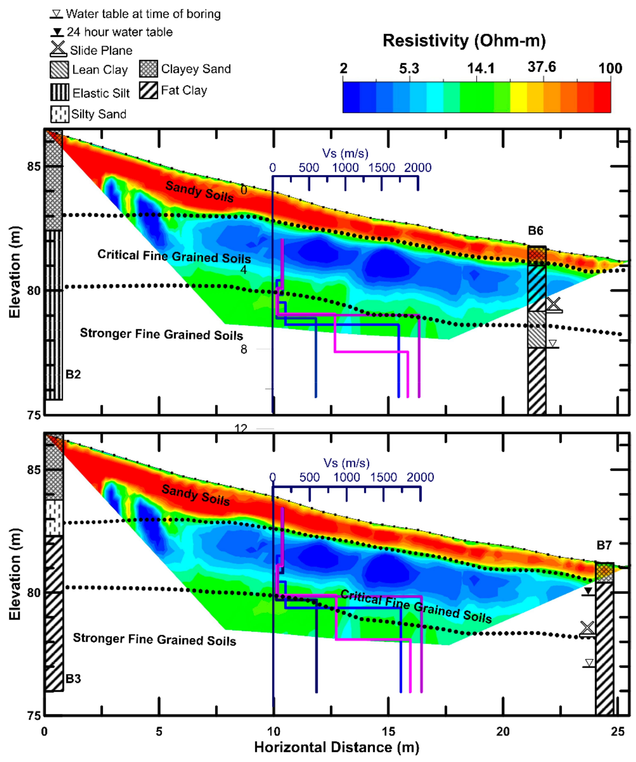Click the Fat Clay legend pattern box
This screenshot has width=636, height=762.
tap(148, 90)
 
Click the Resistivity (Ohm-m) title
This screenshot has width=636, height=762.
tap(464, 41)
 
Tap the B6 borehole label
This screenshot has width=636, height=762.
tap(535, 230)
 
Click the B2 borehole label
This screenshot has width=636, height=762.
tap(73, 374)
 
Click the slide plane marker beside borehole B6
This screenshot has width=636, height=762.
tap(554, 305)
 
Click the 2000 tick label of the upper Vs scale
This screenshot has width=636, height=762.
tap(417, 168)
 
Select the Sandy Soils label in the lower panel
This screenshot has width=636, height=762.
tap(195, 495)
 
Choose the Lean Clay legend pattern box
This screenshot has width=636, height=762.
tap(59, 70)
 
